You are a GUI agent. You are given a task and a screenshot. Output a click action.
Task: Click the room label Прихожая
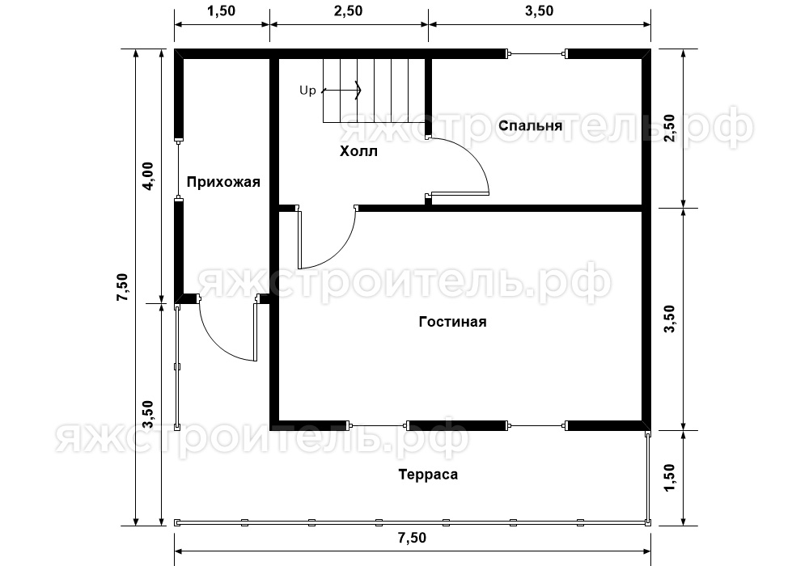point(223,182)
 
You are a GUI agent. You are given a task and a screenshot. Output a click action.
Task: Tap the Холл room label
point(358,151)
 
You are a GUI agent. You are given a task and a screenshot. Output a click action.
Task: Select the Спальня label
point(531,126)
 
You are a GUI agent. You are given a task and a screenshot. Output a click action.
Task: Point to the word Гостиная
point(452,322)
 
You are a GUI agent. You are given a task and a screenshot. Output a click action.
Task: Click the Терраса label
point(428,475)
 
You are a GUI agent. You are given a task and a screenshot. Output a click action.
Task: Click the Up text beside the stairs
point(307,91)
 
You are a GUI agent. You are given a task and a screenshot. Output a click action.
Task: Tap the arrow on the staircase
point(341,91)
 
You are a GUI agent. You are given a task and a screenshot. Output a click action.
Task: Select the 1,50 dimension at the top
point(222,11)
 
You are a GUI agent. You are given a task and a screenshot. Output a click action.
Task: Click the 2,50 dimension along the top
point(348,11)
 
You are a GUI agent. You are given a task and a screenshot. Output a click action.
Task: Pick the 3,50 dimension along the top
point(539,11)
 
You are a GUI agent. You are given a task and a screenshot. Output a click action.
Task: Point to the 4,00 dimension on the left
point(148,176)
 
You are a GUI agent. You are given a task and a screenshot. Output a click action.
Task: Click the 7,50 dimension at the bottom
point(413,539)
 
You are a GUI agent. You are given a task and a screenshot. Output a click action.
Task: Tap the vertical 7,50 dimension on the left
point(122,288)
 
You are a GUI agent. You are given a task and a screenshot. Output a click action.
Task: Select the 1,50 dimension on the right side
point(669,478)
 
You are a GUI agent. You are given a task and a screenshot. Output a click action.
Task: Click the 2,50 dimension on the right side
point(669,129)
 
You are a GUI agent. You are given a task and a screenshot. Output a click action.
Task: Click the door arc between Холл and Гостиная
point(341,252)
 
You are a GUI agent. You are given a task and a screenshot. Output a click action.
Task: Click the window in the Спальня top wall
point(536,53)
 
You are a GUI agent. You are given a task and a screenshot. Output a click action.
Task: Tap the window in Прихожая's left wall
point(178,168)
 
